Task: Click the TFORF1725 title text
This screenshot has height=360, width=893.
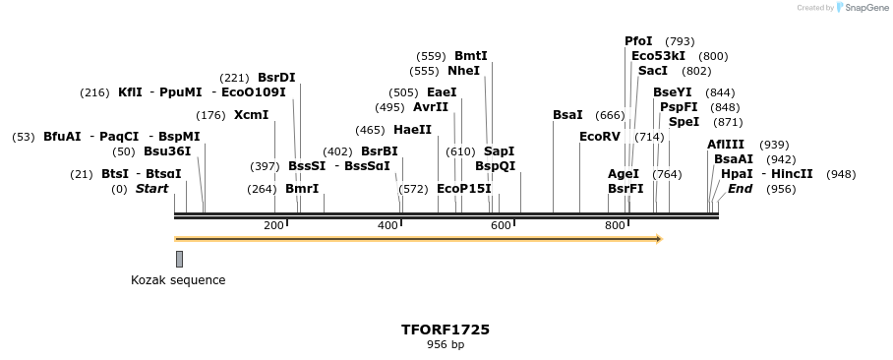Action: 446,330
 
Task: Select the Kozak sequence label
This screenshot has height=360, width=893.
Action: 178,280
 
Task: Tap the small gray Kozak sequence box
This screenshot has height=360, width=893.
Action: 179,259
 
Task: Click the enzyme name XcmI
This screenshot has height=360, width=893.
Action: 251,115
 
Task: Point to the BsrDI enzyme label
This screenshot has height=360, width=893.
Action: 276,78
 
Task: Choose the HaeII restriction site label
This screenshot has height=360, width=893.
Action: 412,129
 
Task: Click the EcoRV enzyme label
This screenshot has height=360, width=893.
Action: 600,137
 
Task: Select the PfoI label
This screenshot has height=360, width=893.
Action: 638,41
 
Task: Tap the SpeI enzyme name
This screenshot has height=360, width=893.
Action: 684,122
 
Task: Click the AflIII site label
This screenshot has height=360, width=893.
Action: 726,145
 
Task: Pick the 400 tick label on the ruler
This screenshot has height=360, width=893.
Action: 387,226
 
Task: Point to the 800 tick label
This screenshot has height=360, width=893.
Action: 615,226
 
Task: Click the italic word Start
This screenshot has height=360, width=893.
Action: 151,189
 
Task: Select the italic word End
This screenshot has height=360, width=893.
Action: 740,189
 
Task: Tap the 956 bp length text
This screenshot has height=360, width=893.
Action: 446,345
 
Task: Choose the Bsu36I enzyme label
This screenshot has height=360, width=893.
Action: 167,151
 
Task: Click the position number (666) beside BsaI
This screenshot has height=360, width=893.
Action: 610,115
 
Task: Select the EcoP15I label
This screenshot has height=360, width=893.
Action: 463,189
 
